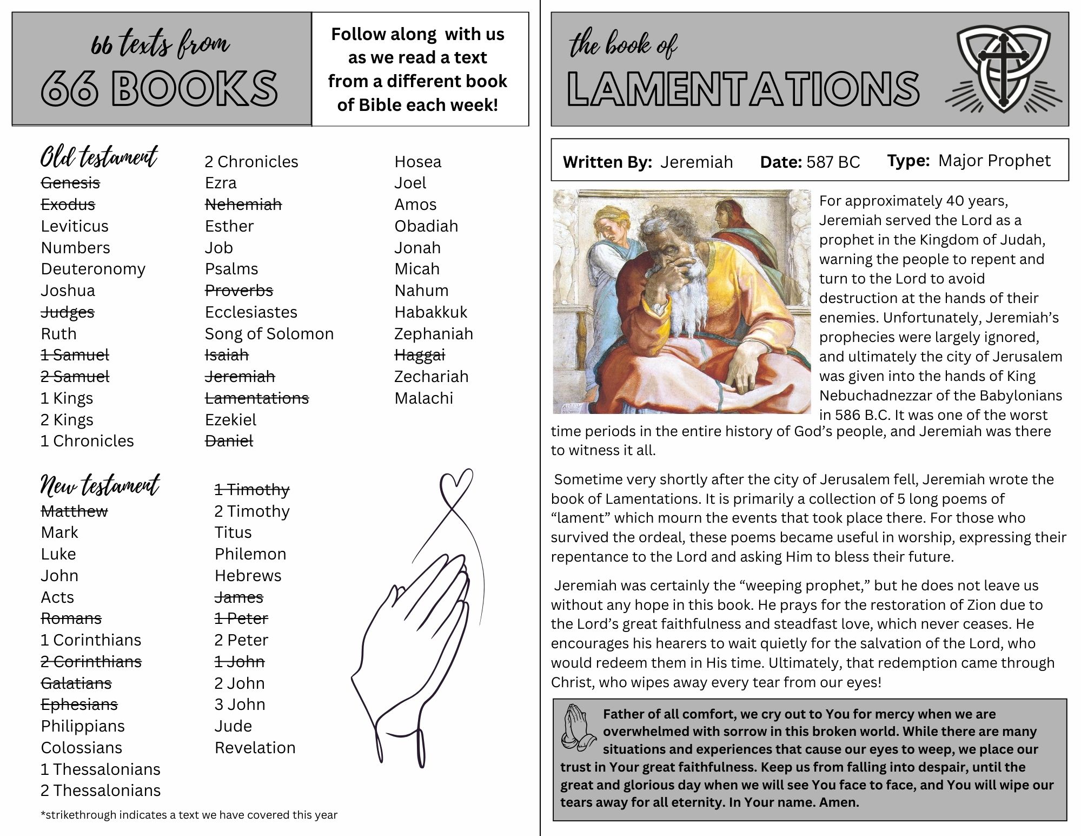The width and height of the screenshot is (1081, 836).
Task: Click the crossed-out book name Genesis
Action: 70,183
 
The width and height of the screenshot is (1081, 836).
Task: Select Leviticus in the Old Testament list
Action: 75,226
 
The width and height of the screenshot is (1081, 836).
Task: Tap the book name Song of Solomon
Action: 269,334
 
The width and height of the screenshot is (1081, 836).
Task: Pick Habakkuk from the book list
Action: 430,312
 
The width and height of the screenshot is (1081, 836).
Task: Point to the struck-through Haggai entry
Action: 419,355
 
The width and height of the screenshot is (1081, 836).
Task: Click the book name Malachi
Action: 423,398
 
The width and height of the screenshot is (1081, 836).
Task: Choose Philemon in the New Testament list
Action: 250,554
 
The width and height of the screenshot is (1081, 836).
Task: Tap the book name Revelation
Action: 255,748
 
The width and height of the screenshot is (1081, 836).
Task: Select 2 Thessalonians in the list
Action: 101,791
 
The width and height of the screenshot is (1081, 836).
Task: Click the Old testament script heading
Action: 99,157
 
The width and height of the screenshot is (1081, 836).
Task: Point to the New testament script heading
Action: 100,485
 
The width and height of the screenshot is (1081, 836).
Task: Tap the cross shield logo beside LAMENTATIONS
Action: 1003,68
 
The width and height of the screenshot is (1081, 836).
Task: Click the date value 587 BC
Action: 833,162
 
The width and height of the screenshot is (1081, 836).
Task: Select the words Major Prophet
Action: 994,161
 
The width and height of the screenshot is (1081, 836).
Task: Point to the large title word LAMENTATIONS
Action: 743,88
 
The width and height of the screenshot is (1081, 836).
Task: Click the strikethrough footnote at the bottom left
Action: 189,815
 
